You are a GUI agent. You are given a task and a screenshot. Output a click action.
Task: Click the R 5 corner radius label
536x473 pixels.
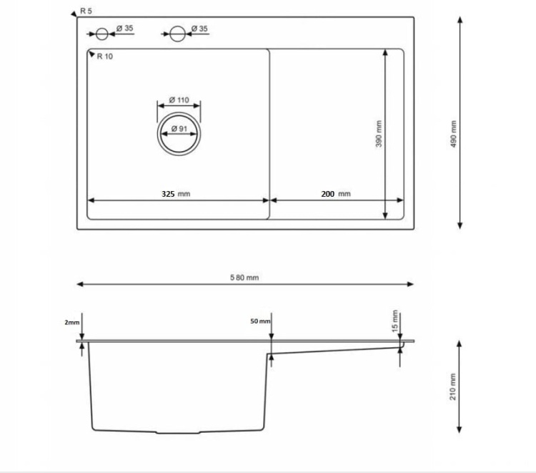pos(86,11)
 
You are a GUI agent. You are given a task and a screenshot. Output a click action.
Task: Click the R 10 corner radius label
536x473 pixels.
pos(104,57)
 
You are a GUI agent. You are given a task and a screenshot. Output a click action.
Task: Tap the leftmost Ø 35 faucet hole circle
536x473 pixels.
pos(102,33)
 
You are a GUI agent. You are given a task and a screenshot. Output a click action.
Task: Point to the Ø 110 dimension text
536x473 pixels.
pos(179,100)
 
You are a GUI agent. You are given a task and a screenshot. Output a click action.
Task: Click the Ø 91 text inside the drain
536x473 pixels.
pos(179,129)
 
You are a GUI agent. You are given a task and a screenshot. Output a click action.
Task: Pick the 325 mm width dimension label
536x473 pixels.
pos(175,194)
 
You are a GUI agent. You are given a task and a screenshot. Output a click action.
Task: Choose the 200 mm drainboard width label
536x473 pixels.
pos(335,194)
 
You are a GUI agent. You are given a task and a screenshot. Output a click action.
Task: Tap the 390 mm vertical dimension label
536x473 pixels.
pos(379,134)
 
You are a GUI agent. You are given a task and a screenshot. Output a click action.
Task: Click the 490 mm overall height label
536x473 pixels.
pos(453,133)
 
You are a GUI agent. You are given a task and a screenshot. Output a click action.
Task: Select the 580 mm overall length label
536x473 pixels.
pos(244,278)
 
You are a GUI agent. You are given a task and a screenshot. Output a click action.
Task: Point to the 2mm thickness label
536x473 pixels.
pos(72,323)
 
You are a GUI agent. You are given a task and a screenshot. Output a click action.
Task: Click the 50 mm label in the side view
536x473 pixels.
pos(260,321)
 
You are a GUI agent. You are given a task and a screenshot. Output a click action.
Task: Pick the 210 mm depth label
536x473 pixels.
pos(453,387)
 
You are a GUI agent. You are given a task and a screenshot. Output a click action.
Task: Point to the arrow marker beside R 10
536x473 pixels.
pos(90,53)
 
